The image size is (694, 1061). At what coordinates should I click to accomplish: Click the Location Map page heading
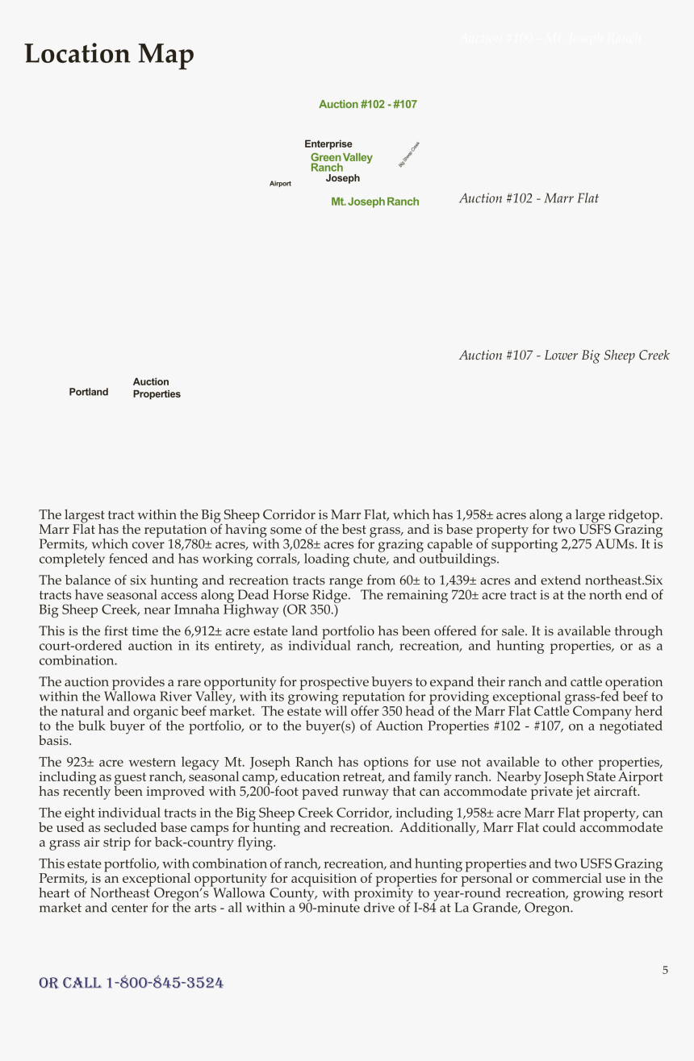tap(109, 54)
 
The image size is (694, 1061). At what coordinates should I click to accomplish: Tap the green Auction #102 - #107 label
tap(367, 105)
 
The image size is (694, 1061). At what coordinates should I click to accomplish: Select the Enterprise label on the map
tap(328, 144)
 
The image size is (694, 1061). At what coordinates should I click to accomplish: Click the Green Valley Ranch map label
tap(341, 162)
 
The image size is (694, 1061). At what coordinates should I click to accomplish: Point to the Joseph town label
tap(343, 179)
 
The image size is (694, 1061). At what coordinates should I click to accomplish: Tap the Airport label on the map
tap(280, 184)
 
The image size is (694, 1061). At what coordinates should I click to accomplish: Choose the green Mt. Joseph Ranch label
tap(374, 202)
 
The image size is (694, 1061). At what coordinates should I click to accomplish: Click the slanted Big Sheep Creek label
tap(409, 155)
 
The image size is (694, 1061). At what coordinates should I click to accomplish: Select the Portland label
tap(88, 393)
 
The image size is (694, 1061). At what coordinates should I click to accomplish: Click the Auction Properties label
tap(156, 389)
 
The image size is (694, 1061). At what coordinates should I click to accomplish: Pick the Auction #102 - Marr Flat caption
tap(529, 198)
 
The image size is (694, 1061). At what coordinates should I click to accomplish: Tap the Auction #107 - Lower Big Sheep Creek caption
tap(564, 356)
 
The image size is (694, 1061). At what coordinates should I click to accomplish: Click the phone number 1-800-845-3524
tap(165, 983)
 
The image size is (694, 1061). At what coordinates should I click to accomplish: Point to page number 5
tap(665, 971)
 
